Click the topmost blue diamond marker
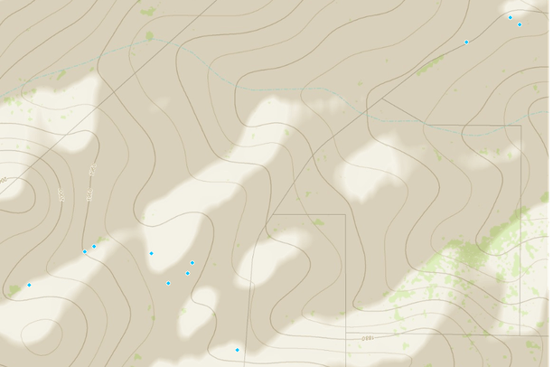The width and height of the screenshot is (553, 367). [510, 17]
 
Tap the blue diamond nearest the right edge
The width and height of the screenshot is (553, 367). [520, 24]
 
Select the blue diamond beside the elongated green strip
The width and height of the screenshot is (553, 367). [466, 42]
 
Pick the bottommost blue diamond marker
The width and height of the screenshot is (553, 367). [237, 350]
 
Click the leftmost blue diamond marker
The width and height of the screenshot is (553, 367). [29, 285]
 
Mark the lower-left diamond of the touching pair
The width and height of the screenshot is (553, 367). [85, 251]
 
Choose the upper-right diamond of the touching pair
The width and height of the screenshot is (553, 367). [94, 246]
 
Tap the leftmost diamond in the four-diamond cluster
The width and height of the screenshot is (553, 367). [151, 253]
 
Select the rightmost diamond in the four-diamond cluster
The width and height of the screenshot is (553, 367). [192, 263]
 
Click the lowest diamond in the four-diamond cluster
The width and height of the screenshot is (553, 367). [168, 284]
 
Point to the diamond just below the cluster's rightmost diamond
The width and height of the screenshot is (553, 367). [188, 273]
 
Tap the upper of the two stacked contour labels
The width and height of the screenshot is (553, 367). [91, 169]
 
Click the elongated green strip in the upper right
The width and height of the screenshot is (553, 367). [430, 64]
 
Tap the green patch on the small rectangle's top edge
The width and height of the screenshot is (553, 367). [318, 221]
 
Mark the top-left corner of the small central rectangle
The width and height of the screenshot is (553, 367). [274, 215]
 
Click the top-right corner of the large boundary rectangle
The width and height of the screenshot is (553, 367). [521, 126]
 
